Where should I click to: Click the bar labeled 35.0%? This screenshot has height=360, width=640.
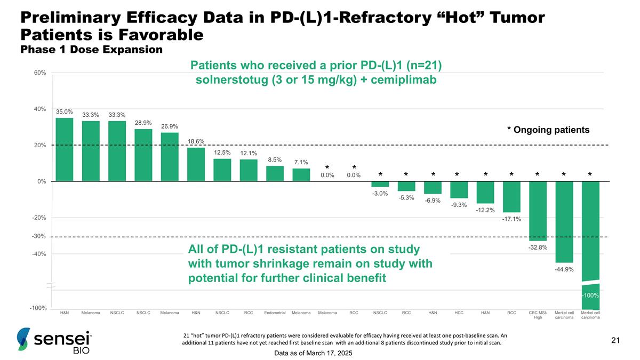point(65,149)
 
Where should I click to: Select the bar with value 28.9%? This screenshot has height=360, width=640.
point(143,155)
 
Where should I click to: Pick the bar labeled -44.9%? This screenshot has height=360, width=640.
point(564,222)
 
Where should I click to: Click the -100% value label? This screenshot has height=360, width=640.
point(590,295)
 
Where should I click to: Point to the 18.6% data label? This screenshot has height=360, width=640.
point(196,141)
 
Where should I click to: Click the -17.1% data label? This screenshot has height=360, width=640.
point(511,219)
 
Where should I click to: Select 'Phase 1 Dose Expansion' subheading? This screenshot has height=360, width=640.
point(91,50)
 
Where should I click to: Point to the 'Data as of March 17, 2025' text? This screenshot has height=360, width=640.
point(313,354)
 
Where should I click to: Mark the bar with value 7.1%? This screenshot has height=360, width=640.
point(301,175)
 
